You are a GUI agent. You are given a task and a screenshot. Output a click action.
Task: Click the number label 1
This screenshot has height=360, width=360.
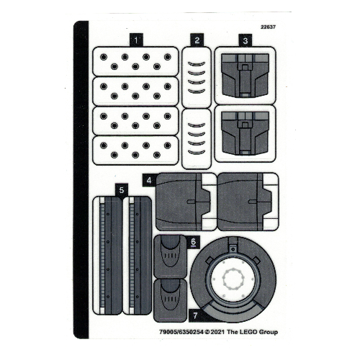tap(136, 40)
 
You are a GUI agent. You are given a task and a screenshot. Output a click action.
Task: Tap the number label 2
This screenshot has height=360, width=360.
tap(197, 40)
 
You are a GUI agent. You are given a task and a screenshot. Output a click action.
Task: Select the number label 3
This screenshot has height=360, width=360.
tap(245, 40)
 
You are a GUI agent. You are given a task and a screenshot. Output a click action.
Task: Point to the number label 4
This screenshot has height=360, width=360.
tap(149, 180)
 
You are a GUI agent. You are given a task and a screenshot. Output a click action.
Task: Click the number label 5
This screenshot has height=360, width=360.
tap(122, 190)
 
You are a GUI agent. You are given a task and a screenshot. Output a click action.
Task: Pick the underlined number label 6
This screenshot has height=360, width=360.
tap(193, 242)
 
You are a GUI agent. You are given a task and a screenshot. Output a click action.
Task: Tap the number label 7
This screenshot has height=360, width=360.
tap(195, 315)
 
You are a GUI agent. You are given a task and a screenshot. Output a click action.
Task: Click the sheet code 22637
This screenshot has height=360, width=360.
tap(268, 27)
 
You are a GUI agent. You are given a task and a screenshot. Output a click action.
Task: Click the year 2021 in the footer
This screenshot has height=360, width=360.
tap(217, 332)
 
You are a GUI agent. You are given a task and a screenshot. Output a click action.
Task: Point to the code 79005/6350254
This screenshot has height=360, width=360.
tap(181, 332)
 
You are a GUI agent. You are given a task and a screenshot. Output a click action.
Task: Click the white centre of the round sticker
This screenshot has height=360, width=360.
tap(233, 279)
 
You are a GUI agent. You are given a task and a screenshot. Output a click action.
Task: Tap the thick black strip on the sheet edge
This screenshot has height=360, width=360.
tap(81, 179)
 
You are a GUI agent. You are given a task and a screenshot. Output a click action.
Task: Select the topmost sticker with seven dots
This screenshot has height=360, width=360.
tap(135, 61)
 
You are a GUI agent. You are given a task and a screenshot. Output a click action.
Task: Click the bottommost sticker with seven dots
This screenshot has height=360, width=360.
tap(135, 150)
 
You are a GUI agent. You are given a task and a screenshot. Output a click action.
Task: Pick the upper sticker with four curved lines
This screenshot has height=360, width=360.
tap(197, 77)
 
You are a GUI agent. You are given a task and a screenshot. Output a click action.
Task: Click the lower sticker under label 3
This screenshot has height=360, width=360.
tap(245, 134)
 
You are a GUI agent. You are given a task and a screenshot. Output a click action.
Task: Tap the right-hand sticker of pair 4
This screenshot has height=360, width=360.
tap(248, 202)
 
